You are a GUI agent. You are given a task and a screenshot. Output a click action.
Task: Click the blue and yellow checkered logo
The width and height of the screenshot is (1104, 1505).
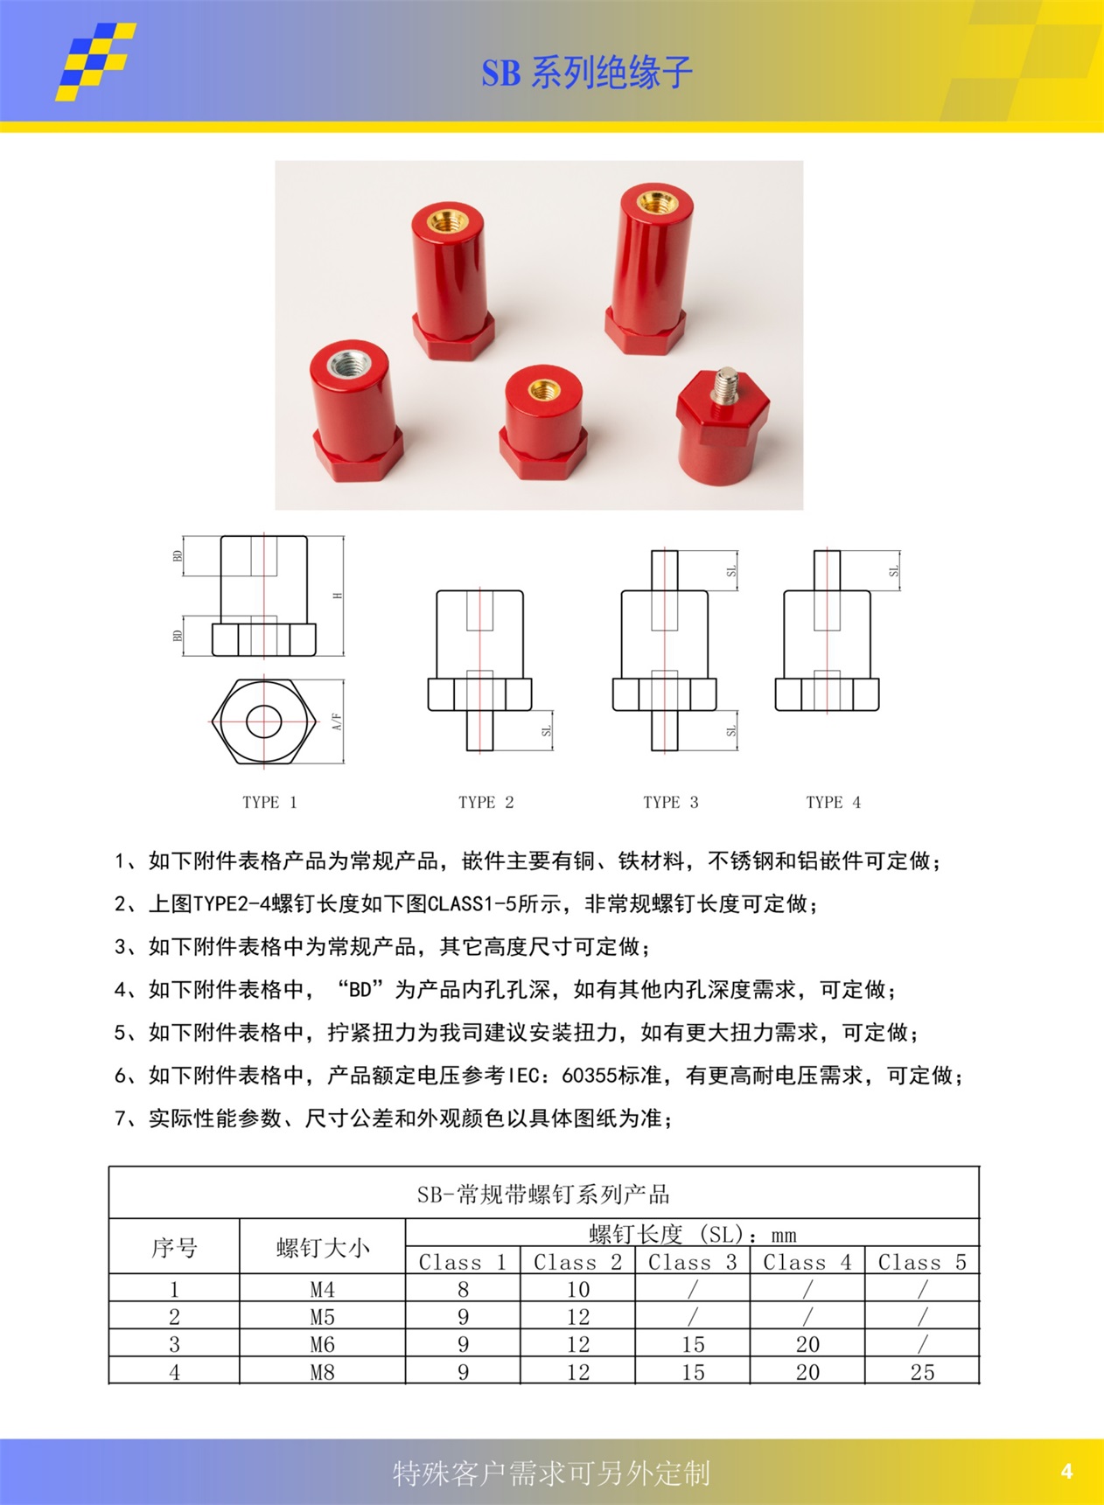tap(95, 61)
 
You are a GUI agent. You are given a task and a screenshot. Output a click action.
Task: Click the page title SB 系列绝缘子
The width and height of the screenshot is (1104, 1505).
tap(586, 73)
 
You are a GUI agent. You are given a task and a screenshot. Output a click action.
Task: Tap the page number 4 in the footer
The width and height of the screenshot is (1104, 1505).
tap(1066, 1471)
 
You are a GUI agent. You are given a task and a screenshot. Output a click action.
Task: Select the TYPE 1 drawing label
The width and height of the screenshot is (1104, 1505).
tap(269, 802)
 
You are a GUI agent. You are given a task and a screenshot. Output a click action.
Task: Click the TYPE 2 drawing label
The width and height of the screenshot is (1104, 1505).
tap(486, 802)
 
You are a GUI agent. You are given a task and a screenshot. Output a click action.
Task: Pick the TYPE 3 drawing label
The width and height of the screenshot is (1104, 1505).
tap(670, 802)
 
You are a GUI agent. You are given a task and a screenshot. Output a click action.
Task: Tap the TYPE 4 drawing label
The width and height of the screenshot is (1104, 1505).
tap(833, 802)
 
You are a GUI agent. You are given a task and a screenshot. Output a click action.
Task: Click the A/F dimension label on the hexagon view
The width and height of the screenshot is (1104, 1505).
tap(338, 721)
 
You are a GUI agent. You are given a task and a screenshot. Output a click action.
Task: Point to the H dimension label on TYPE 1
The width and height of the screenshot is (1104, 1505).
tap(338, 596)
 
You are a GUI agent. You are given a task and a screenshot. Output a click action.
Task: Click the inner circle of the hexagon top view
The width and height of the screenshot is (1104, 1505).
tap(263, 721)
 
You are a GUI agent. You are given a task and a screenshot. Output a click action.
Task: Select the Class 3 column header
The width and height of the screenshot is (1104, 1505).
tap(692, 1262)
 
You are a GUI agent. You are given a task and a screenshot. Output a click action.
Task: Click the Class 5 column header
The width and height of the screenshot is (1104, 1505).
tap(922, 1262)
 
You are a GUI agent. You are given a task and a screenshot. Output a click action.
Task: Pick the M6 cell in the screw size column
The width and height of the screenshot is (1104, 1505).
tap(322, 1344)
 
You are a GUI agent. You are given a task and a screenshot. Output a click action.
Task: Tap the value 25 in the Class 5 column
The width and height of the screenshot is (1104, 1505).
tap(922, 1372)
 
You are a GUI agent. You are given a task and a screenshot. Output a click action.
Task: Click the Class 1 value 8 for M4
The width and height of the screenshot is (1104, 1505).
tap(463, 1289)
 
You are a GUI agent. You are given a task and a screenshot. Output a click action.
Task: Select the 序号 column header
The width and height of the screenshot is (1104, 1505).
tap(174, 1247)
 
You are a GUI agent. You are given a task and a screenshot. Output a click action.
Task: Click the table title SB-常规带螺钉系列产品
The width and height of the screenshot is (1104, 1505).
tap(543, 1194)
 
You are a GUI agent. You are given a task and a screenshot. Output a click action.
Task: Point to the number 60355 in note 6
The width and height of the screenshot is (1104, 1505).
tap(589, 1076)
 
